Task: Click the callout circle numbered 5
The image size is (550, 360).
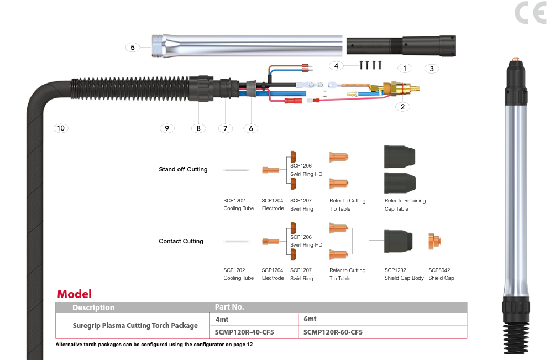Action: [x=133, y=48]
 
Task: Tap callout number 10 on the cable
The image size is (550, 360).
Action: [x=61, y=128]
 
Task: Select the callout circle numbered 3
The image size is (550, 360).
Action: [x=432, y=69]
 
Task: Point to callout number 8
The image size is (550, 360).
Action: [x=198, y=128]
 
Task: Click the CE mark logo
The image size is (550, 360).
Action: [x=530, y=13]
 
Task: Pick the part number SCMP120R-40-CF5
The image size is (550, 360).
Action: [x=244, y=332]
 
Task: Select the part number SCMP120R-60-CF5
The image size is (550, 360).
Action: [x=333, y=332]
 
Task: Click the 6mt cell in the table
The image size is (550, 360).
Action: [x=310, y=319]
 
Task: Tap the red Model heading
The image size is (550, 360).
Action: [x=74, y=294]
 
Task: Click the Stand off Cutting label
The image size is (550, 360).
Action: [x=183, y=169]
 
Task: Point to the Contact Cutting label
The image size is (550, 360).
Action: [x=181, y=241]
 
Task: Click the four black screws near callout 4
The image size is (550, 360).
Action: [x=370, y=65]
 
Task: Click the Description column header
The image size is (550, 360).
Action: [x=93, y=307]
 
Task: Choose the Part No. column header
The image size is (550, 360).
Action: [x=229, y=307]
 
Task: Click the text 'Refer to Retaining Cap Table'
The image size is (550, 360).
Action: [x=405, y=205]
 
